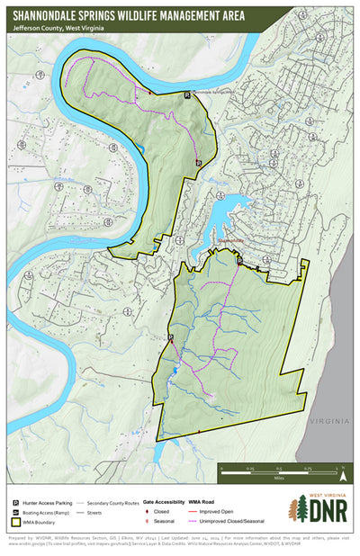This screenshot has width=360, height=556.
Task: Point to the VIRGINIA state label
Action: (325, 420)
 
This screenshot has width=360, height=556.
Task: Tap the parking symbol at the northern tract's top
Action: (187, 94)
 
